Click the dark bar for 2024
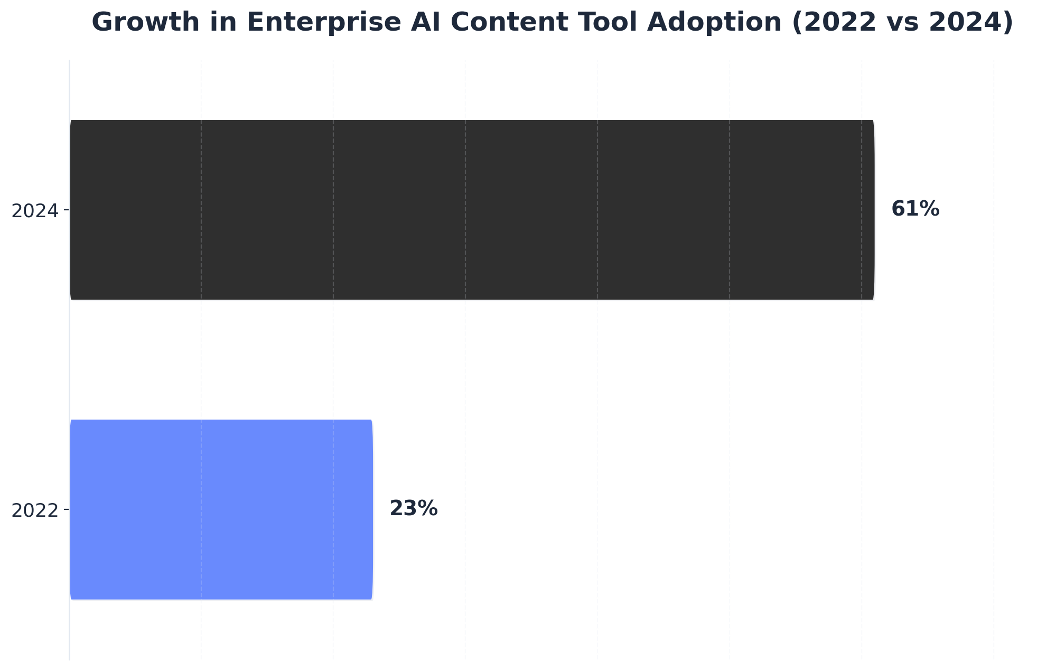(x=472, y=210)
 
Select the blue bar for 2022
(x=221, y=509)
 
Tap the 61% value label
(x=915, y=209)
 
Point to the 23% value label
(x=413, y=509)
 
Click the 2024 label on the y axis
(x=34, y=211)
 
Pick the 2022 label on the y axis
(x=34, y=510)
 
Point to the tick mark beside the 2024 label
(x=67, y=210)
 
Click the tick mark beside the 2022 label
(x=67, y=509)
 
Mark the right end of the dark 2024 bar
(x=873, y=210)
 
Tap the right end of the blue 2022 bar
(x=372, y=509)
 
